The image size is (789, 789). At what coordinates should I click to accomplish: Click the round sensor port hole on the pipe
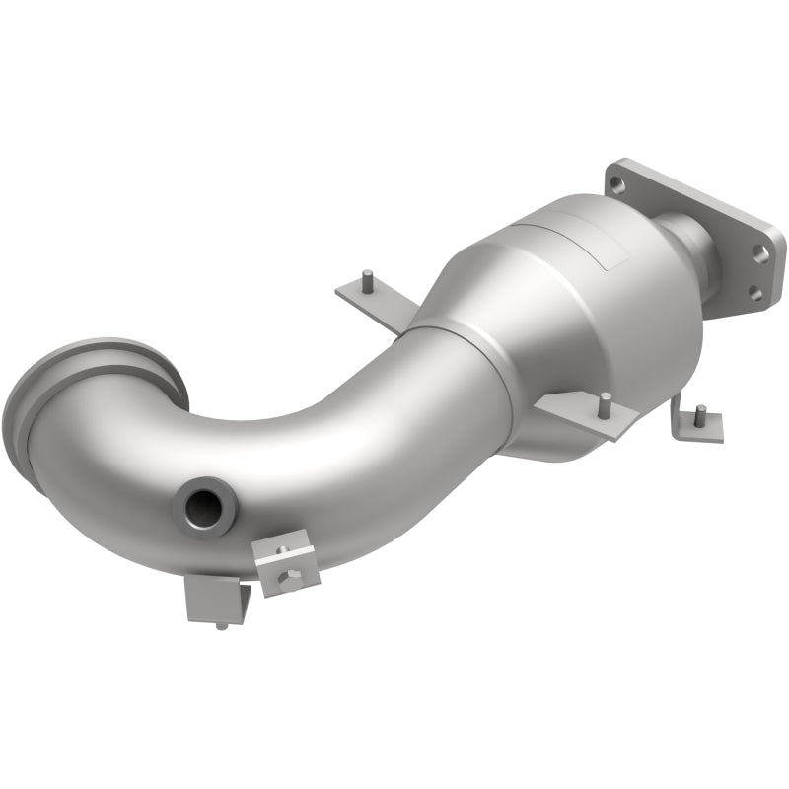tap(203, 505)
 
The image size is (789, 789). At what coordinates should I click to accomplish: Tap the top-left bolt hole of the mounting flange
tap(616, 183)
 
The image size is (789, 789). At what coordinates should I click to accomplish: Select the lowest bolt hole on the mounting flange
tap(753, 293)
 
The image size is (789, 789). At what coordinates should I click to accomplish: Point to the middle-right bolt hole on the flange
tap(760, 252)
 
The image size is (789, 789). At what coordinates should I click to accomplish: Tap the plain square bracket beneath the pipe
tap(215, 597)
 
